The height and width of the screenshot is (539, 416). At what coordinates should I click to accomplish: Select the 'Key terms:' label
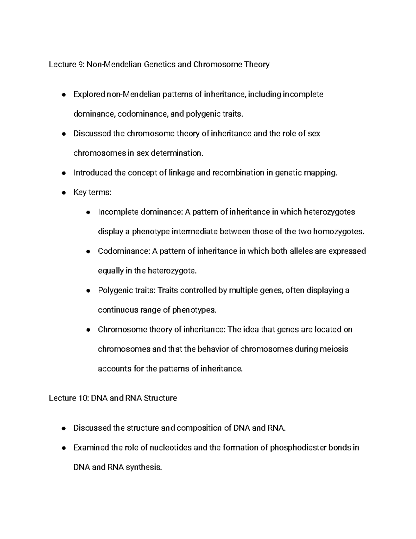pos(92,192)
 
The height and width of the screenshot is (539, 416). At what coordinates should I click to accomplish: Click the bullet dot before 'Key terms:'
pos(63,193)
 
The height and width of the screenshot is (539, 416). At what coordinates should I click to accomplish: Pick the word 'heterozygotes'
pos(329,212)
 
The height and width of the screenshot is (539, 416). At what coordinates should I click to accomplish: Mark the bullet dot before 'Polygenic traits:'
pos(88,290)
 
